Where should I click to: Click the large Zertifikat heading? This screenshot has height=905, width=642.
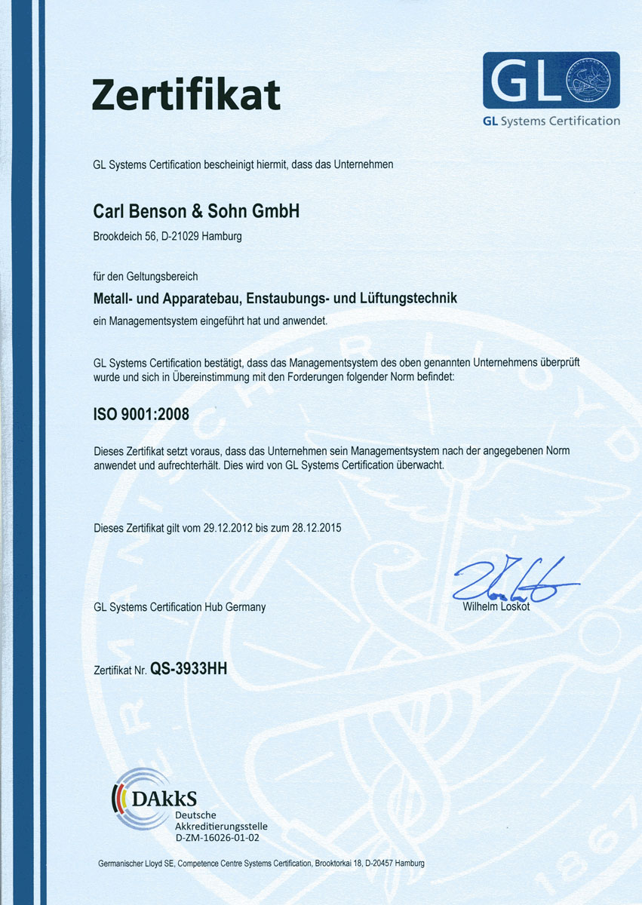point(186,94)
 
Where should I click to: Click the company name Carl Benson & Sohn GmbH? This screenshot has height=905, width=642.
point(196,212)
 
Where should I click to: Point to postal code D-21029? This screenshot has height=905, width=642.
point(180,237)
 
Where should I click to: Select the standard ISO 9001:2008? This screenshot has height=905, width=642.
point(141,413)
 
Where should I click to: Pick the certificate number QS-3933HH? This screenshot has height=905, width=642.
point(189,667)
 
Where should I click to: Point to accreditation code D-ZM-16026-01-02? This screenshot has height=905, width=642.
point(217,837)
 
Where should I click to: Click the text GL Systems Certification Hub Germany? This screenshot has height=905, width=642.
point(180,607)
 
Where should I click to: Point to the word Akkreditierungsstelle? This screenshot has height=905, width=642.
point(221,826)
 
